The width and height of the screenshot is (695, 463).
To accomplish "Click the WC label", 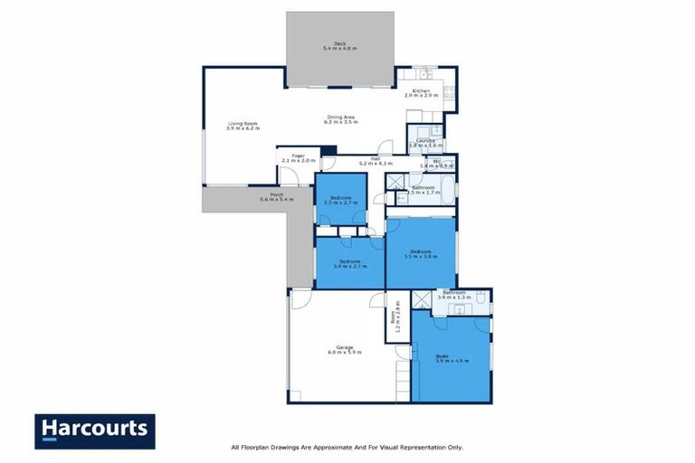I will point(437,163).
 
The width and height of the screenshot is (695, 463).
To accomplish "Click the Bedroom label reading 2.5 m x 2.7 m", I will point(340,200).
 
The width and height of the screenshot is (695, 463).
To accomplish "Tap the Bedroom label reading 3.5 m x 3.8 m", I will point(420,254).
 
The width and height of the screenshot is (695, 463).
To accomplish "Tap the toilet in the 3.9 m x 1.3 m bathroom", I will point(481,298).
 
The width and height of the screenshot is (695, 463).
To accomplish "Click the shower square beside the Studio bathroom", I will point(421,301).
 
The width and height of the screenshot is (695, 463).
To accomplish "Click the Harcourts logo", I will point(94,430).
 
